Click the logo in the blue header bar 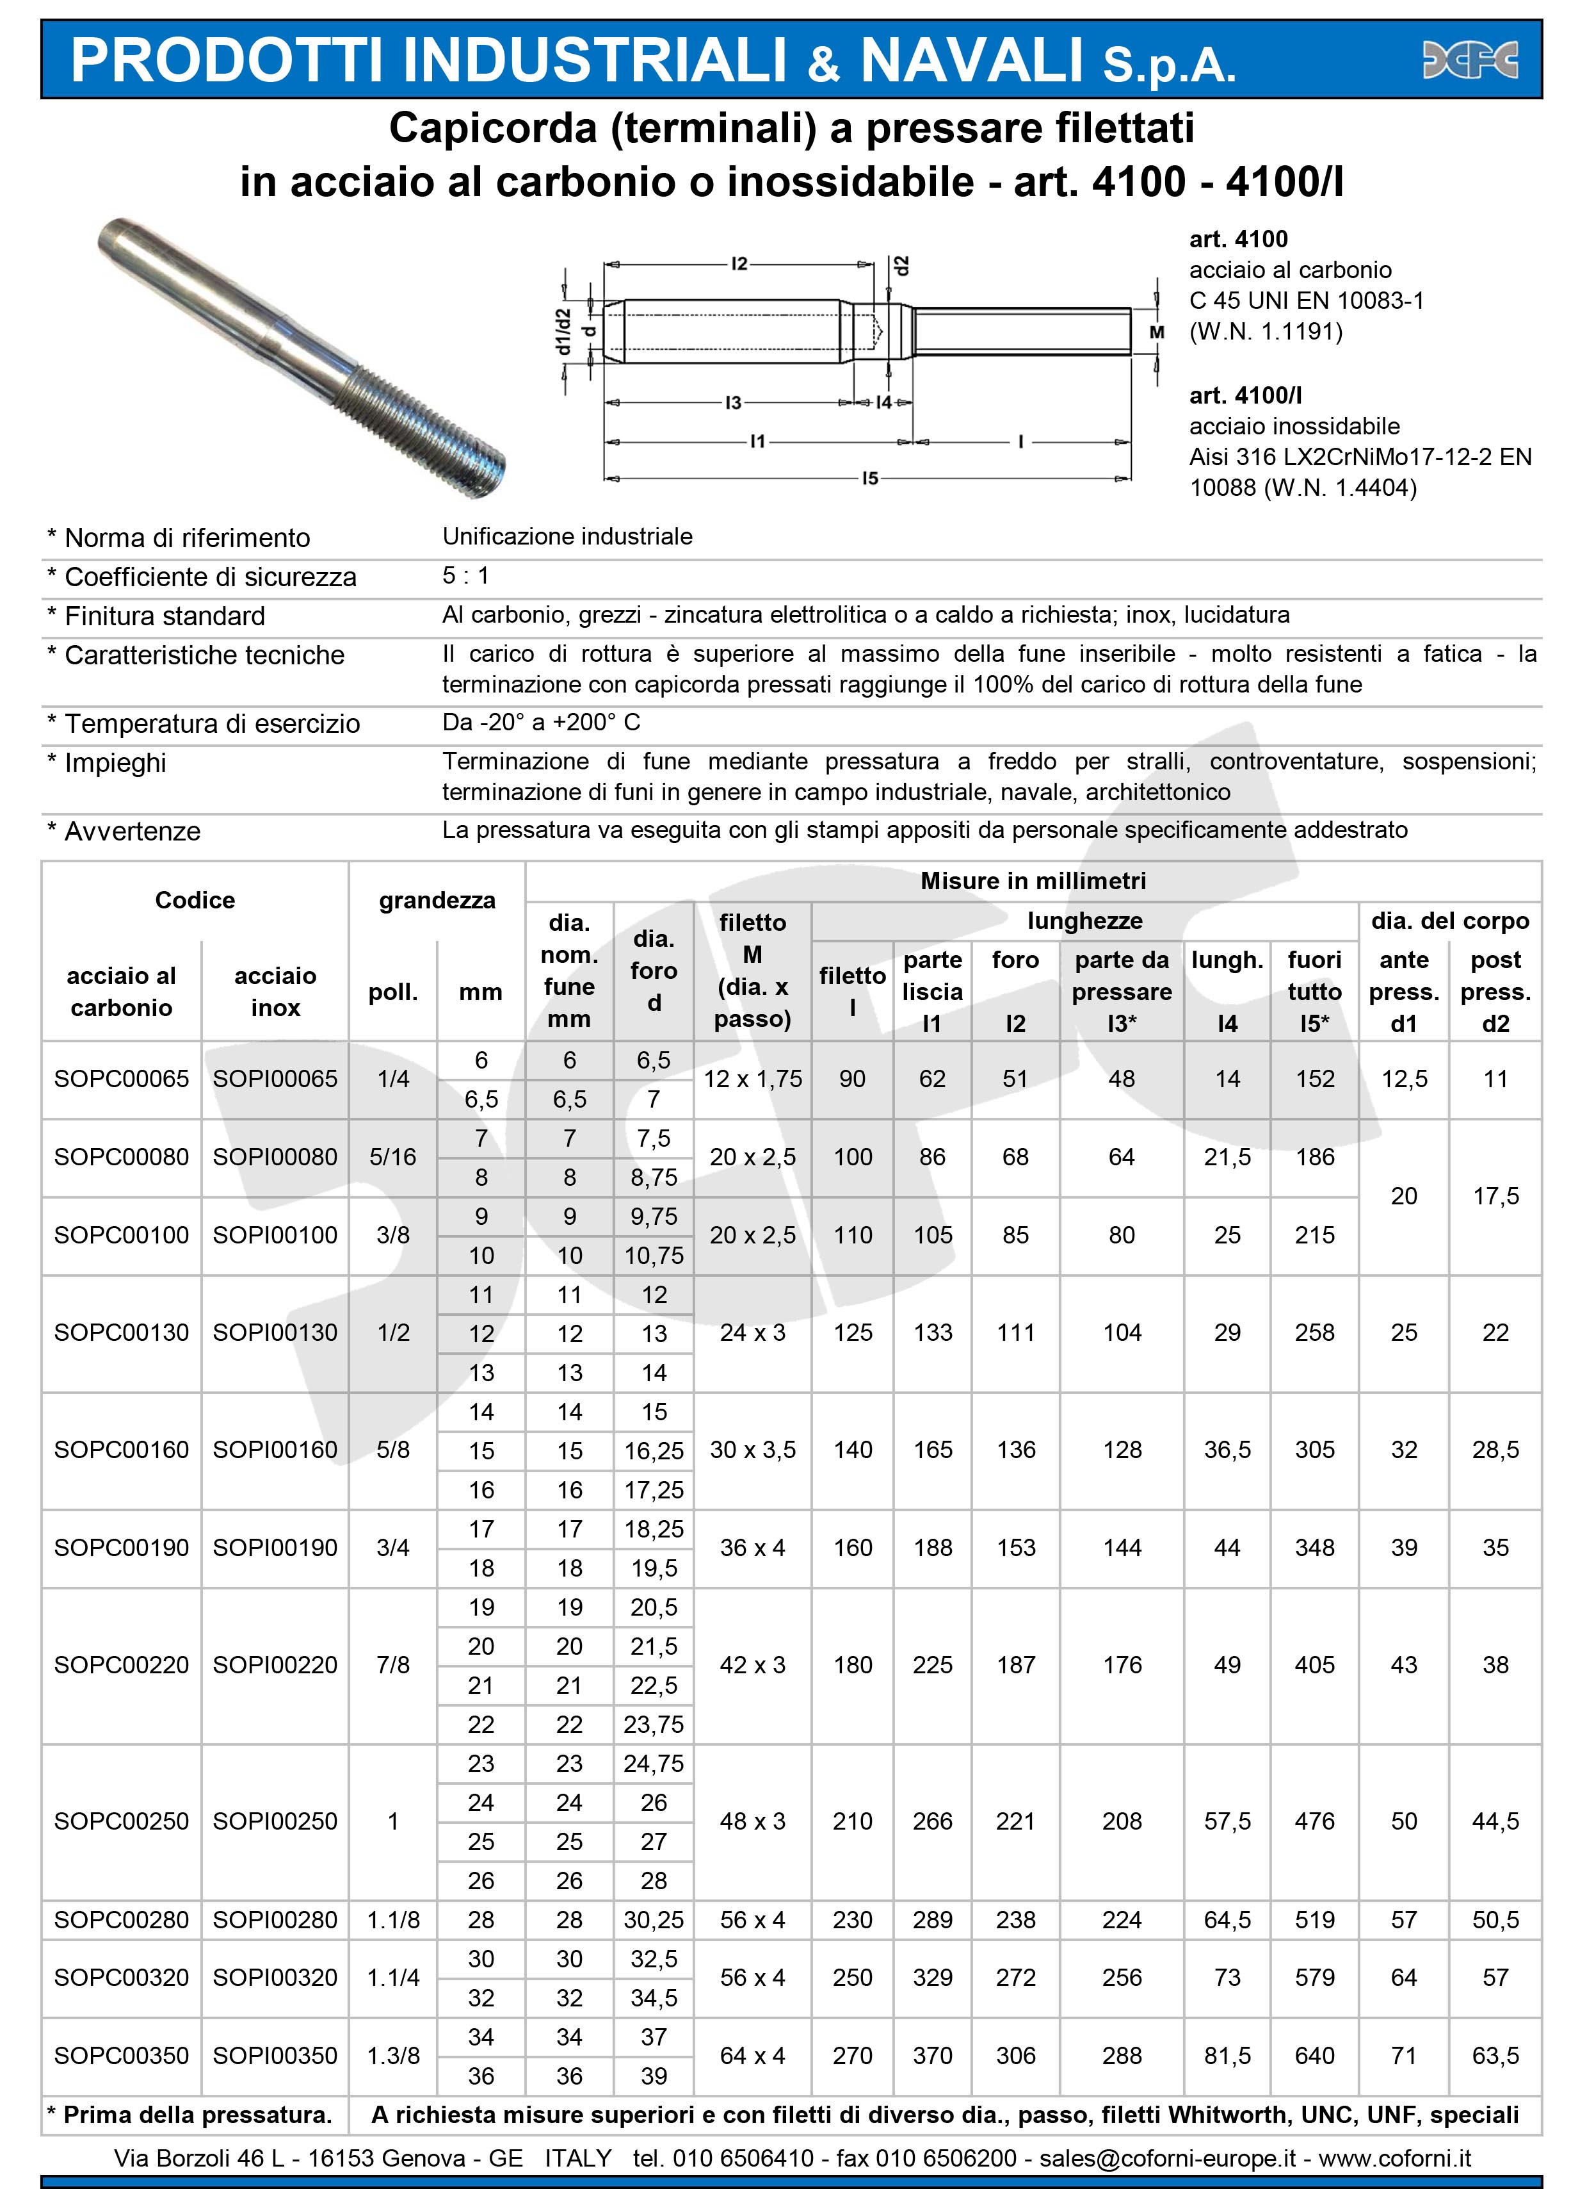point(1470,60)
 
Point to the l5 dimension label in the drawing point(869,478)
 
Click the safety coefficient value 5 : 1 point(466,576)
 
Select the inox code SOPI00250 point(275,1821)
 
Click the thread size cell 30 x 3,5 point(752,1450)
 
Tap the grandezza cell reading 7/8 point(392,1665)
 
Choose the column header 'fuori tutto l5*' point(1314,991)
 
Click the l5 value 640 point(1314,2056)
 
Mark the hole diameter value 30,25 point(653,1920)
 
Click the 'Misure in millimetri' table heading point(1032,881)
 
